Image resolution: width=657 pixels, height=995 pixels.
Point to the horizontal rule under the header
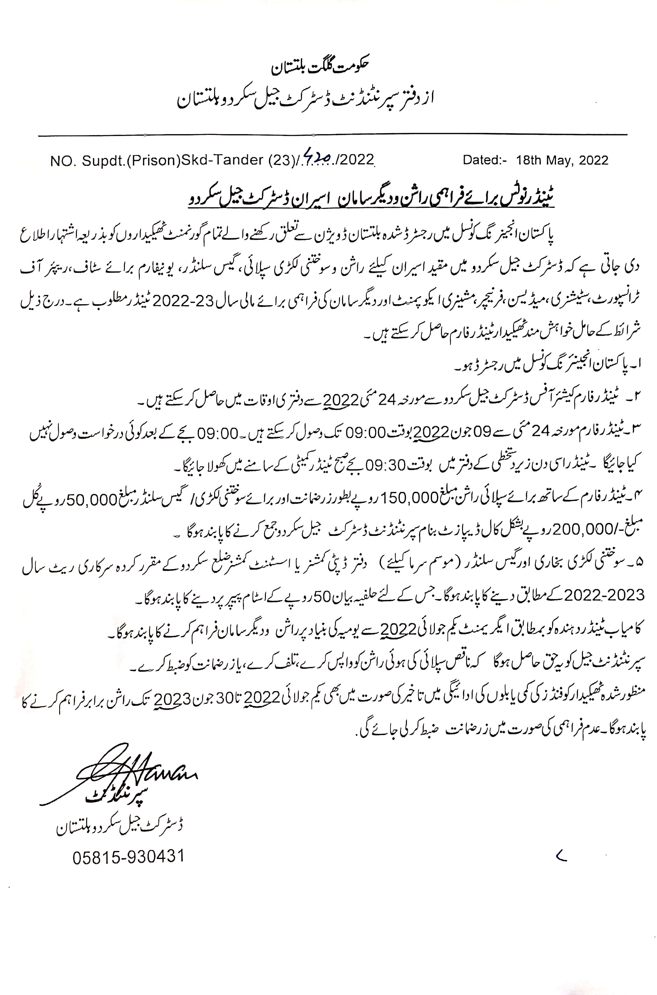tap(333, 135)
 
